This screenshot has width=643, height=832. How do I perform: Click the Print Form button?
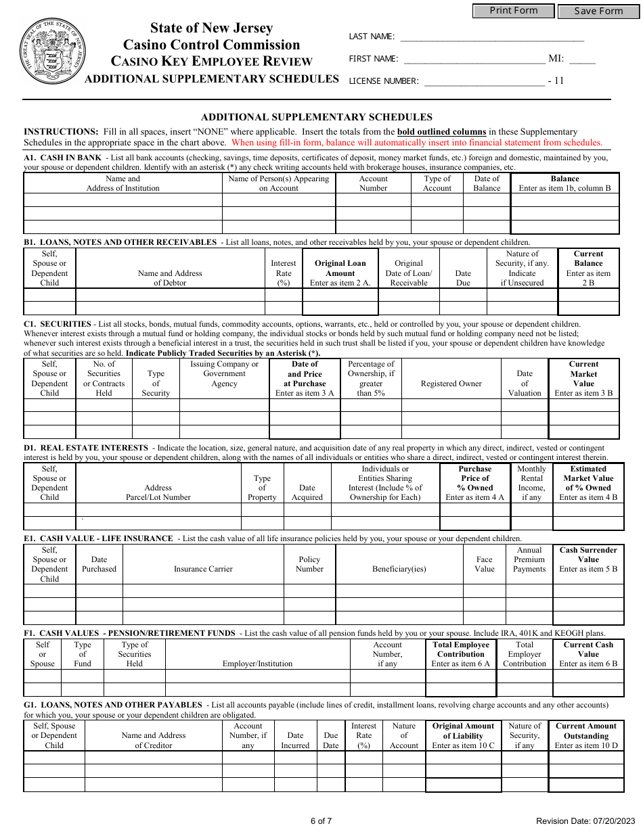pos(513,11)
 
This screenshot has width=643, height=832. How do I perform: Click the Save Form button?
pos(598,11)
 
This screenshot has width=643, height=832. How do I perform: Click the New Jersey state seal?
pos(53,51)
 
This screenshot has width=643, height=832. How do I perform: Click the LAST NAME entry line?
pos(492,37)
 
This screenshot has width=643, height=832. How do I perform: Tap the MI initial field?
pos(582,59)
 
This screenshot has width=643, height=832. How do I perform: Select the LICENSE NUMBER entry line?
pos(484,81)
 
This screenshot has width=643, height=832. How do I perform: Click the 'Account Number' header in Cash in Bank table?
pos(373,183)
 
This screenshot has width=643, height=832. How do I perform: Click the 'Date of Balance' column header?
pos(487,183)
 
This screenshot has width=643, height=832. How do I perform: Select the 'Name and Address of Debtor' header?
pos(170,278)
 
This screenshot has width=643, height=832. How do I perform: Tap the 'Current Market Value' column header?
pos(583,378)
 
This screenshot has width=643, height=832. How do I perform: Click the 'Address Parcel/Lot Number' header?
pos(158,492)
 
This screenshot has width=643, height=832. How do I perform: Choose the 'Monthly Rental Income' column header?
pos(531,483)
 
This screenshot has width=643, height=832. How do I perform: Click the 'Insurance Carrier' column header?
pos(203,569)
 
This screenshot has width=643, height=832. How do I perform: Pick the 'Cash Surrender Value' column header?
pos(588,559)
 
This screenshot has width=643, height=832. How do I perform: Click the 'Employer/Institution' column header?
pos(257,664)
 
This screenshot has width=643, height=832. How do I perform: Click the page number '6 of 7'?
pos(321,821)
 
